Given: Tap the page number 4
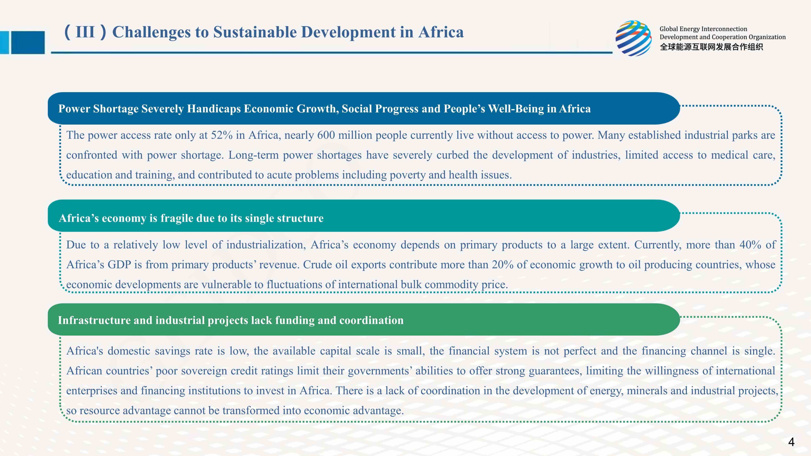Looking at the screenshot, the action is [791, 442].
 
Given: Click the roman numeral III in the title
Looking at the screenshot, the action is [85, 32].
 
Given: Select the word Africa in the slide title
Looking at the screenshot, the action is [441, 32].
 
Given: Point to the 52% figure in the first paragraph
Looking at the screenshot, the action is [222, 135].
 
